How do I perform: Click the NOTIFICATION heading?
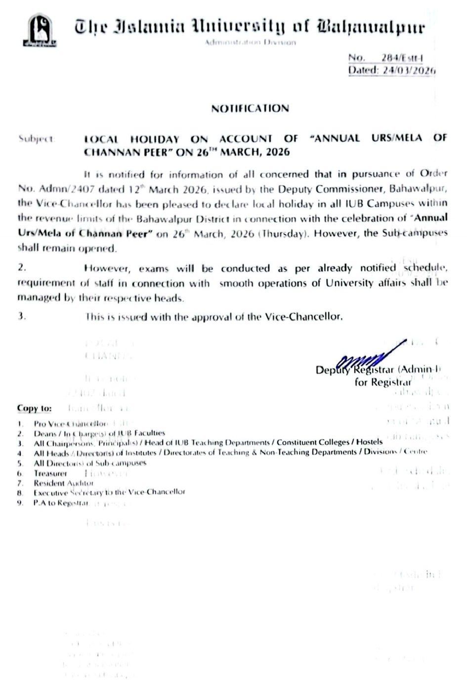(250, 109)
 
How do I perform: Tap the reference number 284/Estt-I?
(402, 58)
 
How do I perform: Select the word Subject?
(36, 139)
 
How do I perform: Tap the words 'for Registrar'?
(383, 382)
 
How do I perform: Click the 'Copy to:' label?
(34, 408)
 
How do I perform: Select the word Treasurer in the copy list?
(50, 473)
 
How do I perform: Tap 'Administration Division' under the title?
(251, 43)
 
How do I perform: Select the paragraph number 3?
(21, 317)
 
